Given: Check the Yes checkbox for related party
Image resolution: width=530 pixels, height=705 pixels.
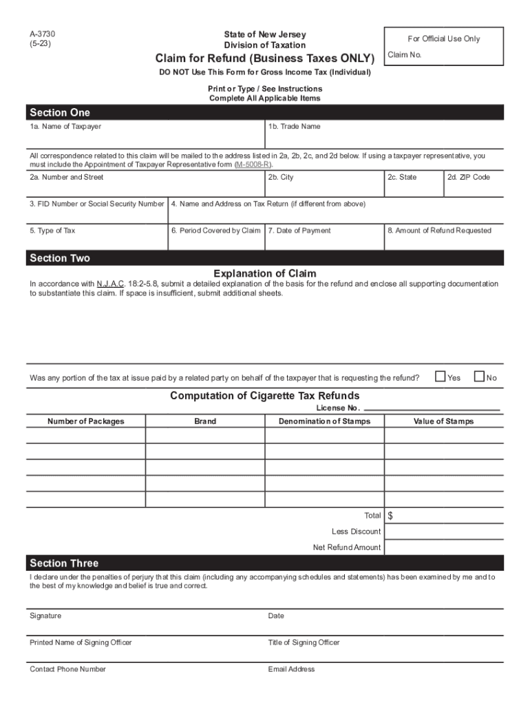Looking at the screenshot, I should (441, 377).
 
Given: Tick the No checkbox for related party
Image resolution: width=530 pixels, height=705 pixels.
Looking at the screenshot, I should (480, 377).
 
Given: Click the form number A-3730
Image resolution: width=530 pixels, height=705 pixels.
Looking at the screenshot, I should (42, 34).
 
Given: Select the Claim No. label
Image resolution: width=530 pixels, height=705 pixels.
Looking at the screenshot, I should (404, 55).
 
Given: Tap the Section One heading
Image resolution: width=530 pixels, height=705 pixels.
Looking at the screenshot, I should (60, 113).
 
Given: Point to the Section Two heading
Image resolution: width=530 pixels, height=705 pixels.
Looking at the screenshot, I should (60, 258).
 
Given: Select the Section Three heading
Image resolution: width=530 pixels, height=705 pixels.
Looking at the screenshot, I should (64, 563).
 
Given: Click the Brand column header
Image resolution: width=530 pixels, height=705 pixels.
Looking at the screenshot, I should (205, 421).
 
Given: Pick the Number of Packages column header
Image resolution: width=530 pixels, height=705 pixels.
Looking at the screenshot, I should (86, 421).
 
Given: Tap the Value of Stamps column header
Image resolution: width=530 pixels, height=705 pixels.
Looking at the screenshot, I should (443, 421).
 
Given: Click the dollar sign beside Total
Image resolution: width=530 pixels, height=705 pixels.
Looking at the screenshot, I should (390, 516).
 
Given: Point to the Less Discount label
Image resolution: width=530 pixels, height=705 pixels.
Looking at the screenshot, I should (356, 532).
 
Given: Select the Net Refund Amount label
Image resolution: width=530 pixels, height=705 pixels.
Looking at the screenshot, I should (347, 547).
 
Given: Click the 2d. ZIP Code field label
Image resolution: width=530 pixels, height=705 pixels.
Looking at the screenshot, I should (468, 178).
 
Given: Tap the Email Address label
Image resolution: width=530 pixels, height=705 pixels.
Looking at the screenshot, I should (291, 669).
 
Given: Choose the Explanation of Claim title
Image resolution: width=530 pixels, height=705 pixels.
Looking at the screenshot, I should (265, 273).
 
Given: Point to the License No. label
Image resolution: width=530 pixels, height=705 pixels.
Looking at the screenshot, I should (338, 408).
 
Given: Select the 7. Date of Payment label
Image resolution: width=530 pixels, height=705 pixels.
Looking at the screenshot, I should (299, 231).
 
